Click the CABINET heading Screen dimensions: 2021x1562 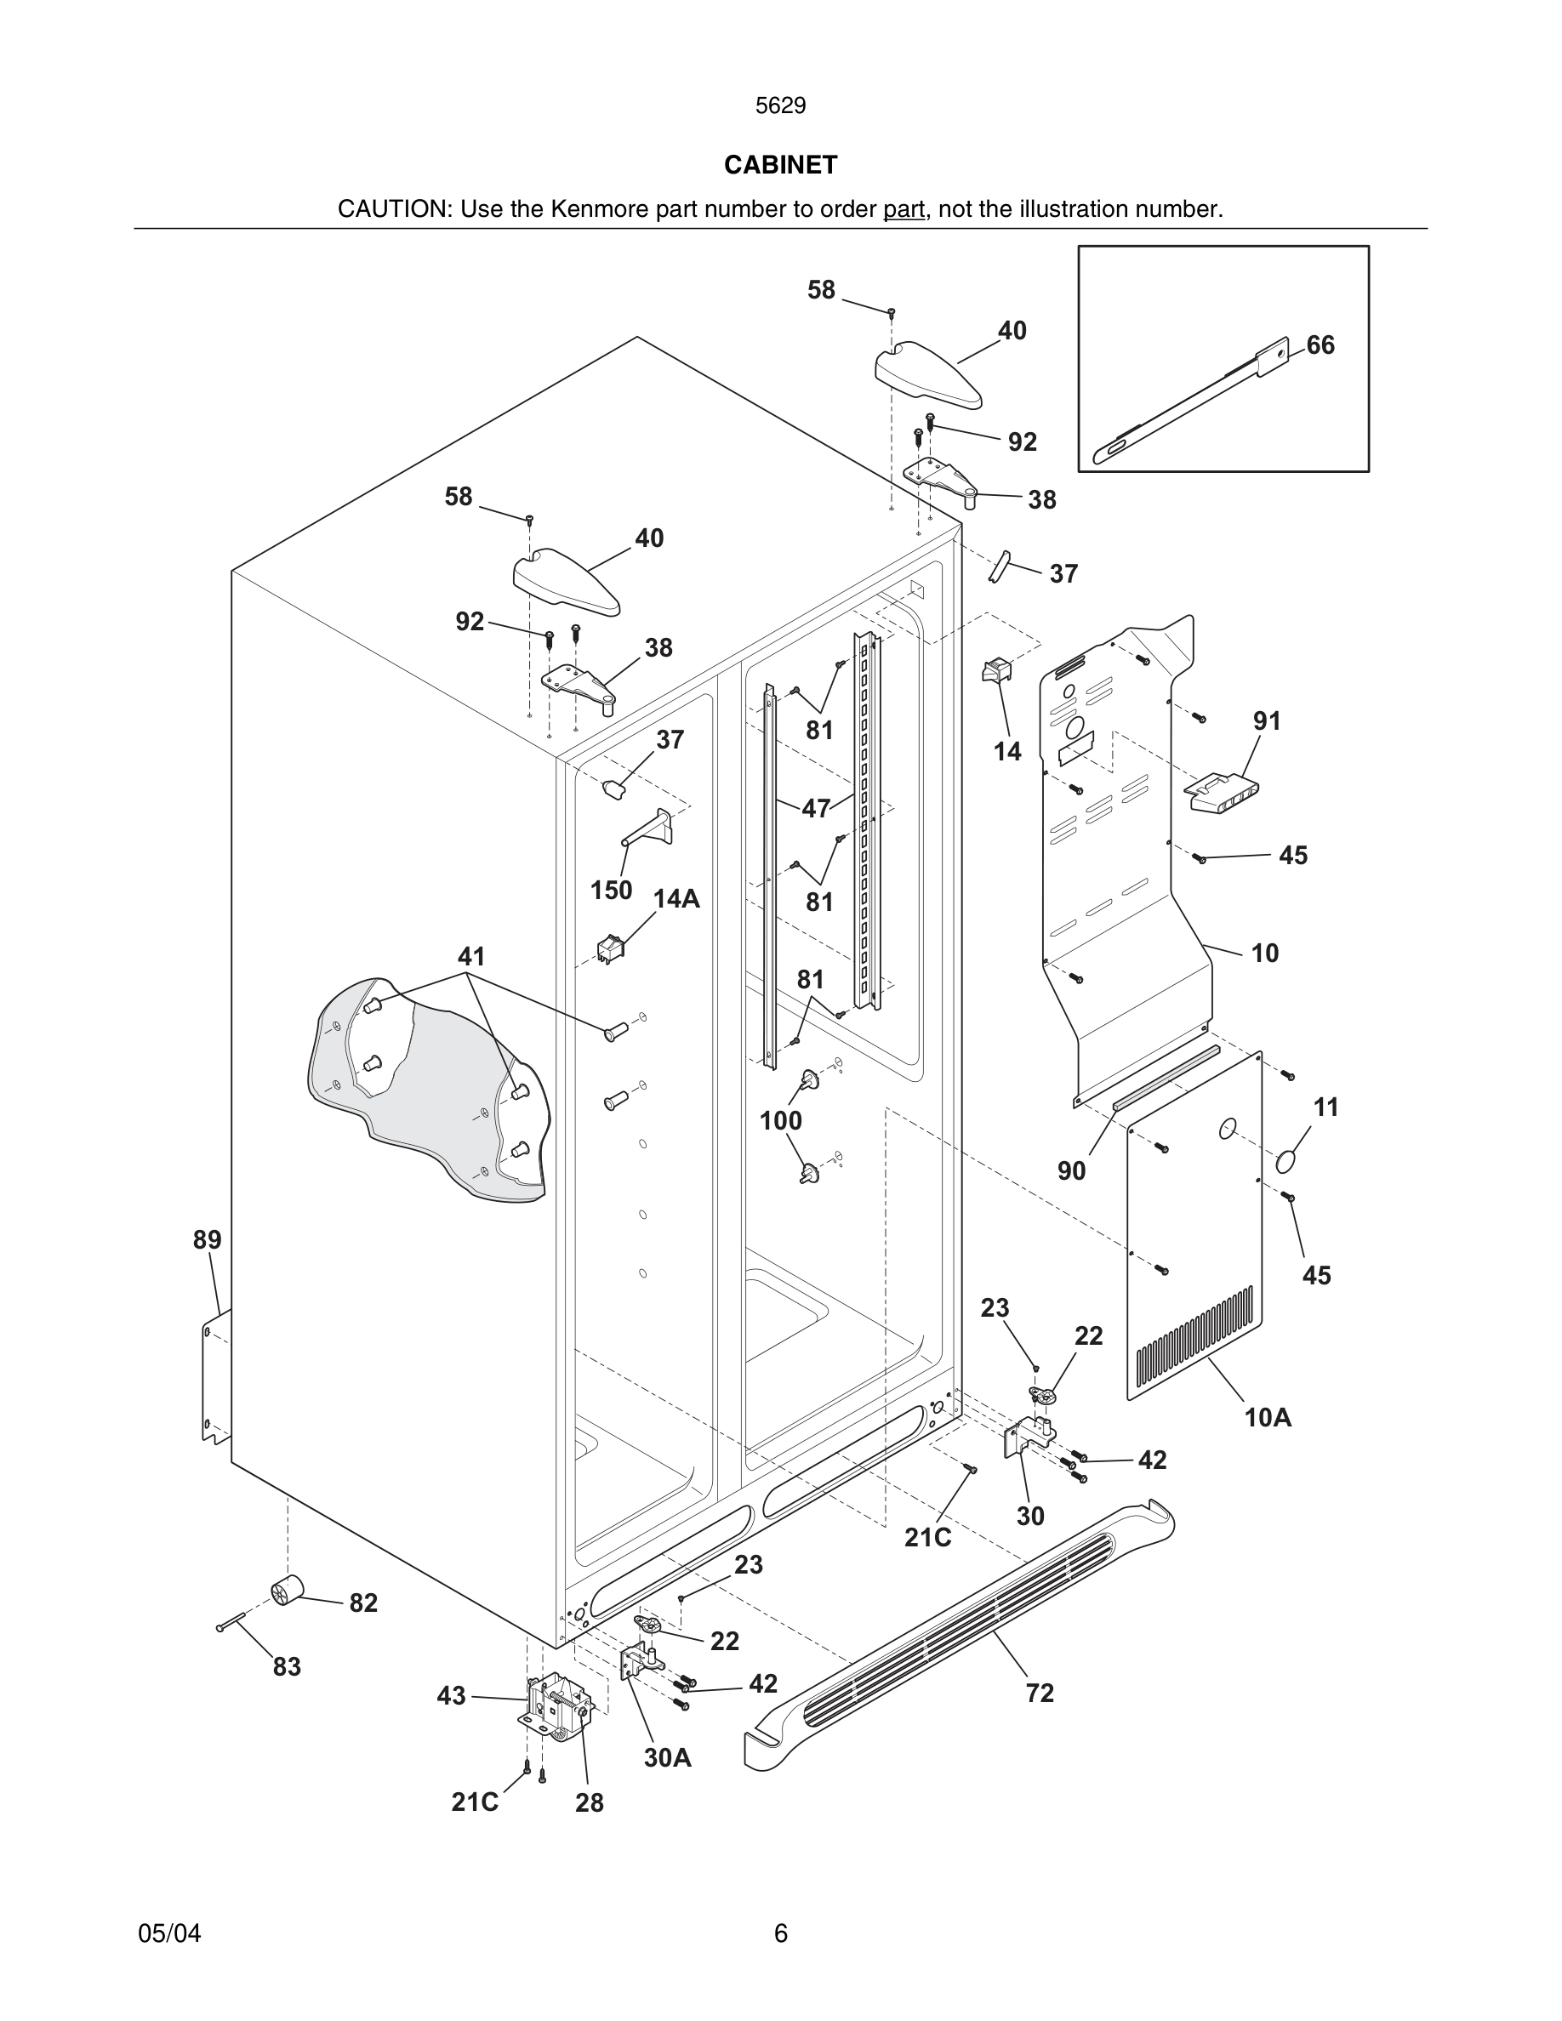[780, 165]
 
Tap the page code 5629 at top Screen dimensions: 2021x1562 [780, 106]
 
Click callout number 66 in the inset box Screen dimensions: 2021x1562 [1320, 345]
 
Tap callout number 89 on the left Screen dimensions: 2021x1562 [208, 1239]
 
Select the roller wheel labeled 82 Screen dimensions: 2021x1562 [288, 1591]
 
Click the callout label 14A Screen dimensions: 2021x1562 [676, 898]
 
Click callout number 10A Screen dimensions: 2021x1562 [1268, 1417]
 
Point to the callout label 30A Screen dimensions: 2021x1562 [667, 1757]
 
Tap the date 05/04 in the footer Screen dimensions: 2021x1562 [169, 1933]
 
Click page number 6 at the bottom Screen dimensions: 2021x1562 [780, 1933]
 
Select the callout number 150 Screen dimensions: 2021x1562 [611, 891]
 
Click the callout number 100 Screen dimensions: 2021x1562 [780, 1120]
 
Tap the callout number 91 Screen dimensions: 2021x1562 [1267, 720]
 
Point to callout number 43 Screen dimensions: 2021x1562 [451, 1696]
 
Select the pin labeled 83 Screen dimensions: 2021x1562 [231, 1621]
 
